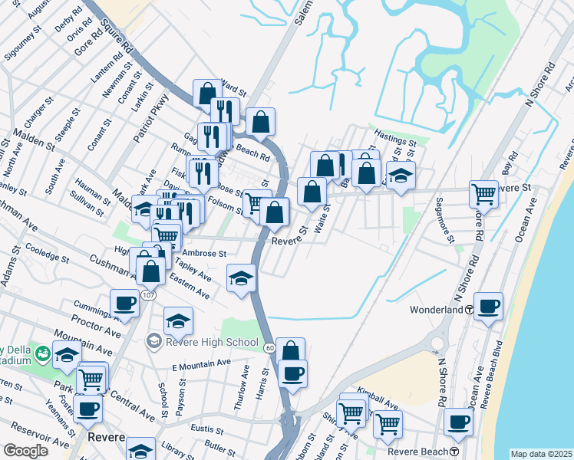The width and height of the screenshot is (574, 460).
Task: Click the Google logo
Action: (x=25, y=451)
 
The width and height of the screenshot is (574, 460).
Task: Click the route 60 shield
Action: (x=269, y=349)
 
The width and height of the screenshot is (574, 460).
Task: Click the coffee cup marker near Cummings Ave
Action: (x=124, y=303)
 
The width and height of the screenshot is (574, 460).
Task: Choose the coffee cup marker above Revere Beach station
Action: (x=459, y=421)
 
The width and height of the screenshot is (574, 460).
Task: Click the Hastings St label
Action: (x=395, y=143)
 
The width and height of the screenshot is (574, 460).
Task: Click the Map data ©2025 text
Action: (x=542, y=454)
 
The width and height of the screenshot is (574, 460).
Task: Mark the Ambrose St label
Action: (x=204, y=253)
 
